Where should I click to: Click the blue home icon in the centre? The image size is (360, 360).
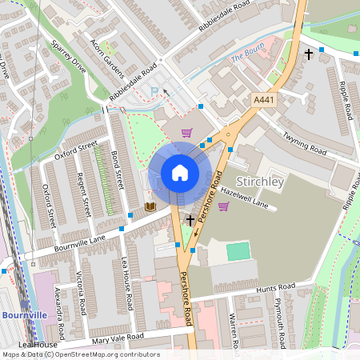pyautogui.click(x=180, y=172)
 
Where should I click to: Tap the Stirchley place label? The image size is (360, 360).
pyautogui.click(x=261, y=182)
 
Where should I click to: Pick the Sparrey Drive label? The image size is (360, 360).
pyautogui.click(x=68, y=55)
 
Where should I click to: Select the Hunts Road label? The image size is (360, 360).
pyautogui.click(x=274, y=288)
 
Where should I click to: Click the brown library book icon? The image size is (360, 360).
pyautogui.click(x=150, y=207)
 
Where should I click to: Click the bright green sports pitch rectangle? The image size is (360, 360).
pyautogui.click(x=238, y=251)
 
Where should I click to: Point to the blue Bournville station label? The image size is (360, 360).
pyautogui.click(x=22, y=315)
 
